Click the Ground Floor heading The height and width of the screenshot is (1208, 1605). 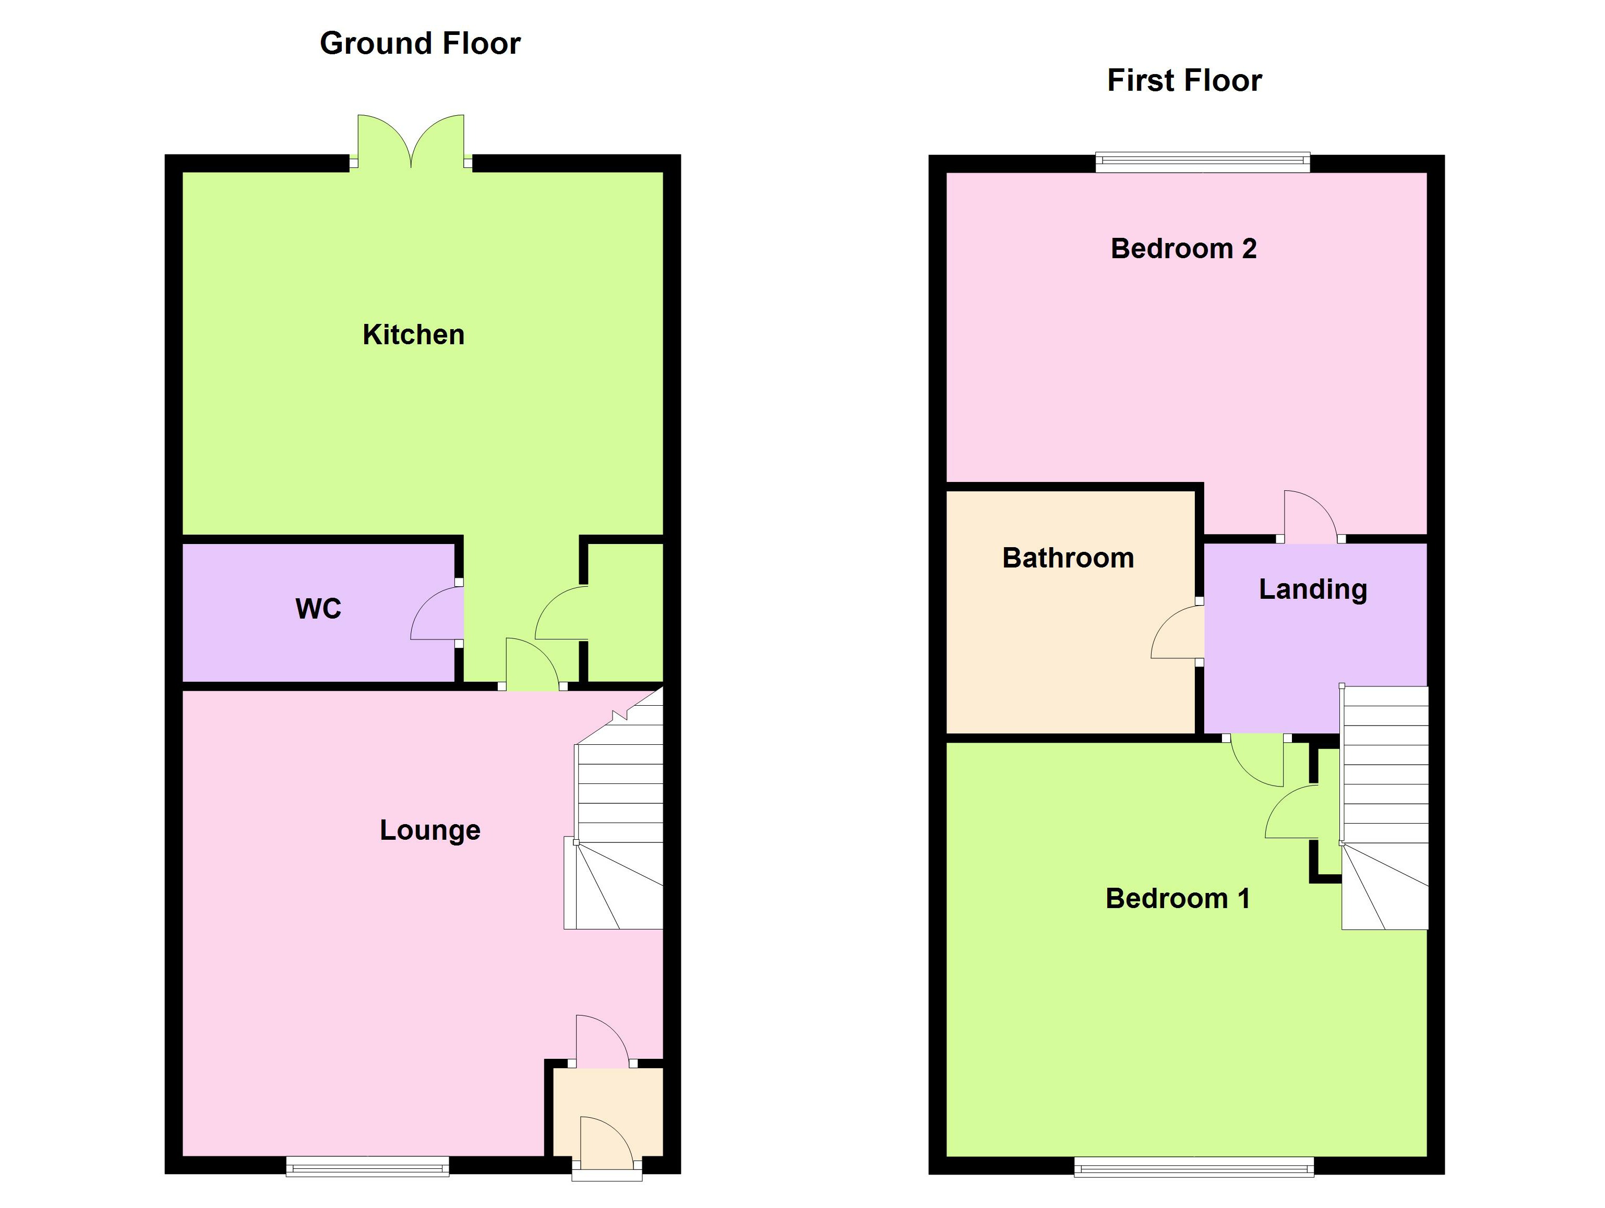420,43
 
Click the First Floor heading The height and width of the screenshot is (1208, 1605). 1184,80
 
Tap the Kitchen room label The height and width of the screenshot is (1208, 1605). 414,334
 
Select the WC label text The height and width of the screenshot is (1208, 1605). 318,609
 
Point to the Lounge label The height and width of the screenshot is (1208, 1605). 429,830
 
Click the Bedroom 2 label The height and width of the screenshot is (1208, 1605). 1183,249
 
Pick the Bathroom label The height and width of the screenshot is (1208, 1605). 1068,558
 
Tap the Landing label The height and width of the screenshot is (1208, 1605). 1313,589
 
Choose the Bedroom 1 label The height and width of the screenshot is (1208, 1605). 1178,899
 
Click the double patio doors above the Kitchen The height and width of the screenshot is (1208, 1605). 411,141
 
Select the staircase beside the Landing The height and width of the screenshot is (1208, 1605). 1384,805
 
